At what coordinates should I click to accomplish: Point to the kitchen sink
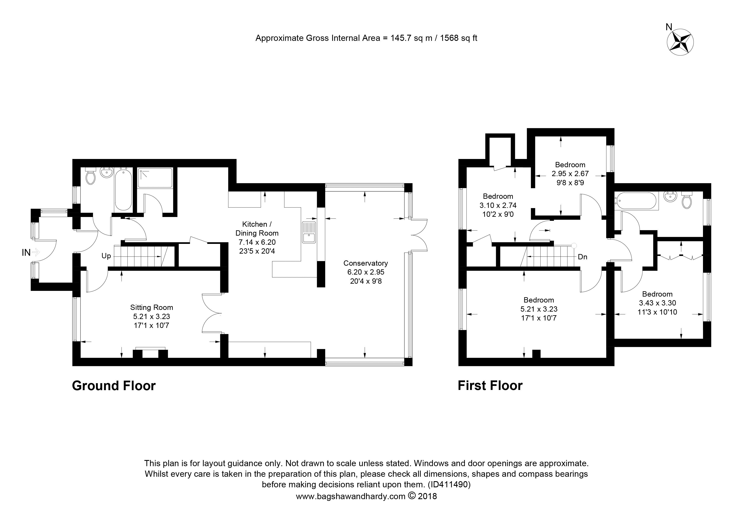(x=309, y=232)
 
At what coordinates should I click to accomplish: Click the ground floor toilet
(x=91, y=176)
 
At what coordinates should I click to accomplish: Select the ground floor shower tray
(x=155, y=178)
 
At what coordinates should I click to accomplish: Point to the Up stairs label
(x=106, y=256)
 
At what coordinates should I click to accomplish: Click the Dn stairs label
(x=583, y=257)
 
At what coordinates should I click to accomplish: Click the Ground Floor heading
(x=113, y=385)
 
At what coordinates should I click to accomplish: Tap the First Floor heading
(x=490, y=385)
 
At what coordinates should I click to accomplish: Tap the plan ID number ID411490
(x=449, y=485)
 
